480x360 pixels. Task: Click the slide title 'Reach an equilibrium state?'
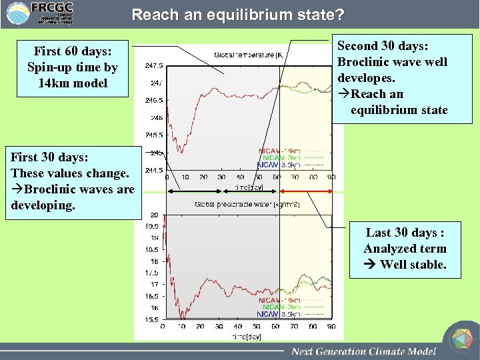[238, 14]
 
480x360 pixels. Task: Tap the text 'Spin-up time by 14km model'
[73, 75]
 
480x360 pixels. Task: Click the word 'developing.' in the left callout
[43, 205]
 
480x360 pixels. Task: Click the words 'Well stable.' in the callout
[413, 265]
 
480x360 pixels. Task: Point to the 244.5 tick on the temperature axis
[154, 170]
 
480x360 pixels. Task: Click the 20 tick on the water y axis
[154, 215]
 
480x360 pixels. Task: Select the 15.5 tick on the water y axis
[153, 319]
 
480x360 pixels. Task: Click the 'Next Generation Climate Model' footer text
[363, 351]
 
